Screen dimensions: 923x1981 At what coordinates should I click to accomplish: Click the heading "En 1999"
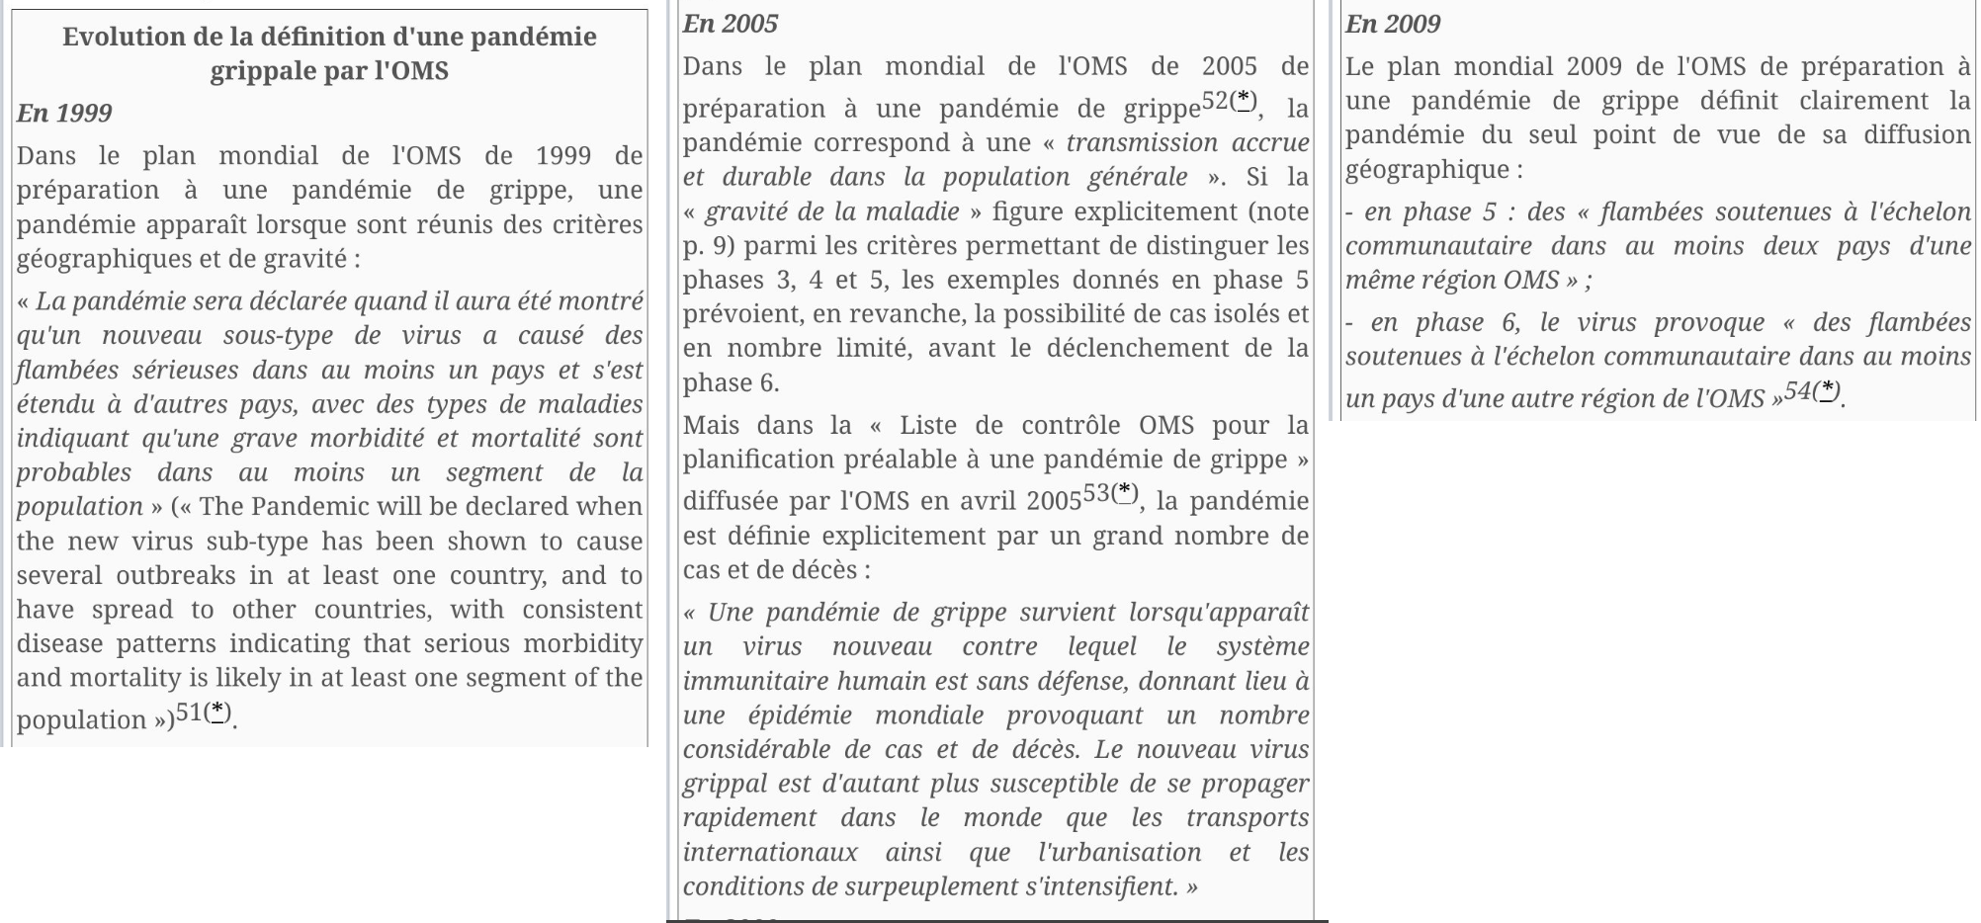[x=64, y=113]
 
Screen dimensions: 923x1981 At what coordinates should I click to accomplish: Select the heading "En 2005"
[x=731, y=24]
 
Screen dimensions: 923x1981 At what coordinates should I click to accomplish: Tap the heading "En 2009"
[x=1393, y=24]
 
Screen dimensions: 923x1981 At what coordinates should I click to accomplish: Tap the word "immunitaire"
[x=755, y=681]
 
